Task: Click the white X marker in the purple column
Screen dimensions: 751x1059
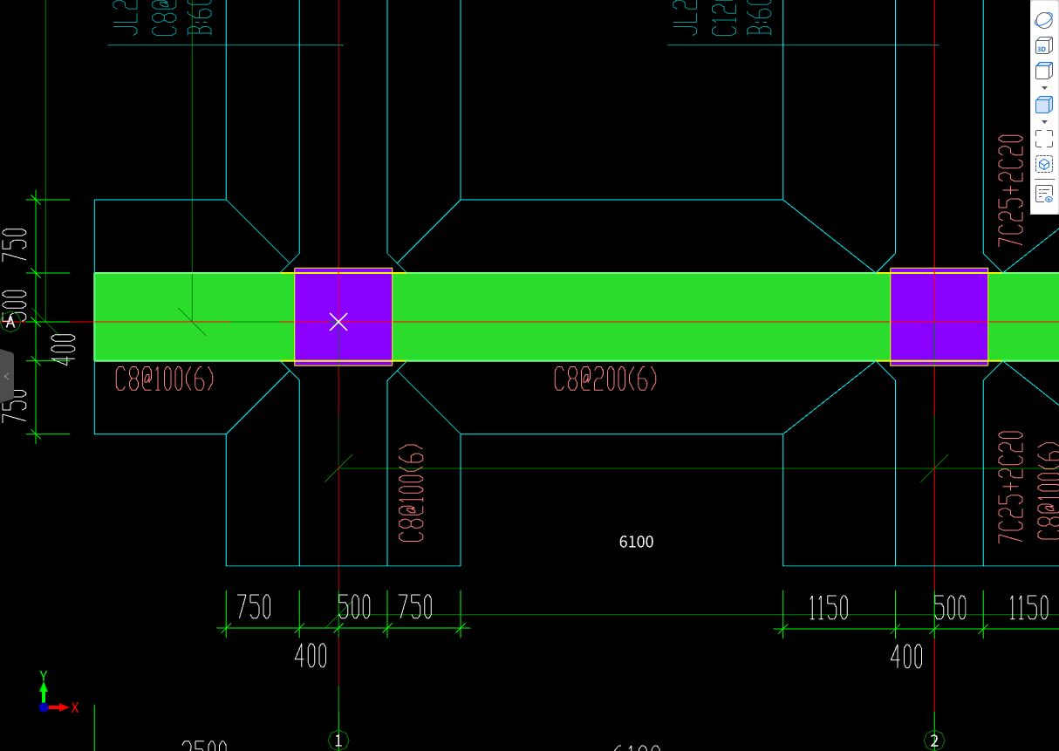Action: click(x=338, y=322)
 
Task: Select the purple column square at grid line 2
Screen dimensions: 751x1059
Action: click(x=939, y=317)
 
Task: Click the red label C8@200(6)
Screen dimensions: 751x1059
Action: click(x=605, y=379)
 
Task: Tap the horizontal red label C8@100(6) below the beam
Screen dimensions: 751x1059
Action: click(x=165, y=379)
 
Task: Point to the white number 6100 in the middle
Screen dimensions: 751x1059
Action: click(x=636, y=542)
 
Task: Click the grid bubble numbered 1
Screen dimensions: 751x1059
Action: click(x=338, y=741)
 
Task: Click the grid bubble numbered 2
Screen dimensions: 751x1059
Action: click(x=934, y=741)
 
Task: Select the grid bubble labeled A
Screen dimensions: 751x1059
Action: click(x=11, y=322)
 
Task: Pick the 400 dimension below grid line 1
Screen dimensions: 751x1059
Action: click(x=311, y=655)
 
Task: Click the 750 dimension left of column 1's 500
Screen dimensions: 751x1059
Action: click(x=254, y=607)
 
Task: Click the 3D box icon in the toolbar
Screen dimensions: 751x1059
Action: click(x=1043, y=46)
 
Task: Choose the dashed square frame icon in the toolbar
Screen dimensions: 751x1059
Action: click(x=1043, y=139)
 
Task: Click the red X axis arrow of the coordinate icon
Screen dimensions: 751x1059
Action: click(x=61, y=707)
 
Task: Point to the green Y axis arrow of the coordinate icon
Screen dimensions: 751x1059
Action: click(x=44, y=684)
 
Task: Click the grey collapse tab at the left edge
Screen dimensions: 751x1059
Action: click(x=6, y=376)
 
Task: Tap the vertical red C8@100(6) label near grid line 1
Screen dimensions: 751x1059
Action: click(x=413, y=494)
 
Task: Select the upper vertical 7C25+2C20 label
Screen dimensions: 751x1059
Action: click(x=1011, y=190)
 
